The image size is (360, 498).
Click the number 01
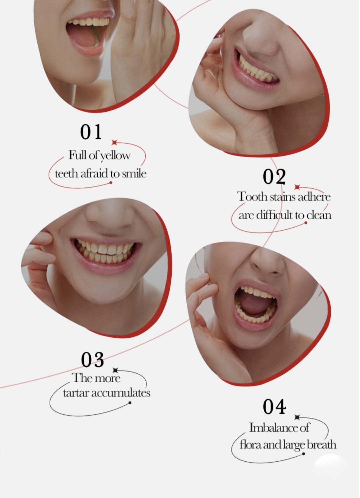(x=91, y=132)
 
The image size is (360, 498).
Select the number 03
(x=92, y=360)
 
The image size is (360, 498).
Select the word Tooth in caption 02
(x=252, y=197)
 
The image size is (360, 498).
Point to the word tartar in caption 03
(x=76, y=393)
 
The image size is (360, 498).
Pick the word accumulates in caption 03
(x=121, y=393)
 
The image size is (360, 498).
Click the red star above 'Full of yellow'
(x=115, y=142)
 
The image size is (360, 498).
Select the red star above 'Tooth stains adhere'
(x=297, y=187)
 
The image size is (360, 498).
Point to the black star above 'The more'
(x=115, y=370)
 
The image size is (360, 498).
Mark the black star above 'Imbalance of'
(x=297, y=417)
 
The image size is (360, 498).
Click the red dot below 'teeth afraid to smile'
(x=111, y=183)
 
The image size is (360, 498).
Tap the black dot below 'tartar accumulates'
(x=130, y=403)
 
